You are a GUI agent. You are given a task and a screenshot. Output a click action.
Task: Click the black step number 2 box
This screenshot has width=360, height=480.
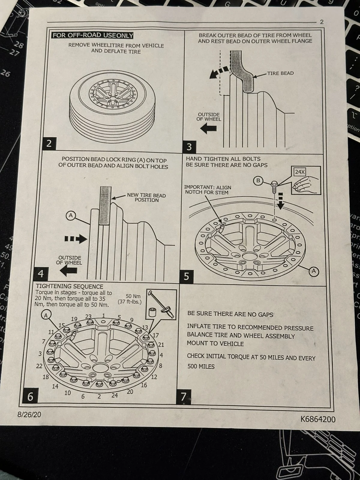pyautogui.click(x=49, y=143)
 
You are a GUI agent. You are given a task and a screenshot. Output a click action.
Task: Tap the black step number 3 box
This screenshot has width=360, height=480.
pyautogui.click(x=189, y=147)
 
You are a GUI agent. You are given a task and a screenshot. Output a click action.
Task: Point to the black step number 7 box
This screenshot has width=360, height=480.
pyautogui.click(x=184, y=396)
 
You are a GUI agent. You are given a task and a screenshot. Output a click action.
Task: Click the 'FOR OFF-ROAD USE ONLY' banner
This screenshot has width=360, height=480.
pyautogui.click(x=93, y=35)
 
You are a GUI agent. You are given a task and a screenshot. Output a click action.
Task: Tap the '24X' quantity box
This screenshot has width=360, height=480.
pyautogui.click(x=300, y=172)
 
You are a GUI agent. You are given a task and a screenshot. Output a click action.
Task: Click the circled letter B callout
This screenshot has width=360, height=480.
pyautogui.click(x=258, y=181)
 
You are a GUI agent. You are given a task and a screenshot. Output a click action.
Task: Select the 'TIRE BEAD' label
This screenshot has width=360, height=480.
pyautogui.click(x=280, y=73)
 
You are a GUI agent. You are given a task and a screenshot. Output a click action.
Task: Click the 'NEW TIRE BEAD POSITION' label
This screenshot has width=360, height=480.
pyautogui.click(x=146, y=197)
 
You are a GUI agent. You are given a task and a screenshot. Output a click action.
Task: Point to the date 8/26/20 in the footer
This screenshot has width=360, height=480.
pyautogui.click(x=29, y=415)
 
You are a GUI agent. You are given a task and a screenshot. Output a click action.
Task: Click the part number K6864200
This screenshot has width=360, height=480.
pyautogui.click(x=318, y=419)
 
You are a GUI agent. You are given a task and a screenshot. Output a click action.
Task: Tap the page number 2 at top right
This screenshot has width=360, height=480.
pyautogui.click(x=322, y=22)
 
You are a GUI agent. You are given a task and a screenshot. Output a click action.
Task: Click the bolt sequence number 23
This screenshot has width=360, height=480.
pyautogui.click(x=88, y=316)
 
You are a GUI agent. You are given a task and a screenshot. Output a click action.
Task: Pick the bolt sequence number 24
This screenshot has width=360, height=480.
pyautogui.click(x=115, y=395)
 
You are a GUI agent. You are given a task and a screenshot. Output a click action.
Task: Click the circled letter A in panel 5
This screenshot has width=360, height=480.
pyautogui.click(x=314, y=271)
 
